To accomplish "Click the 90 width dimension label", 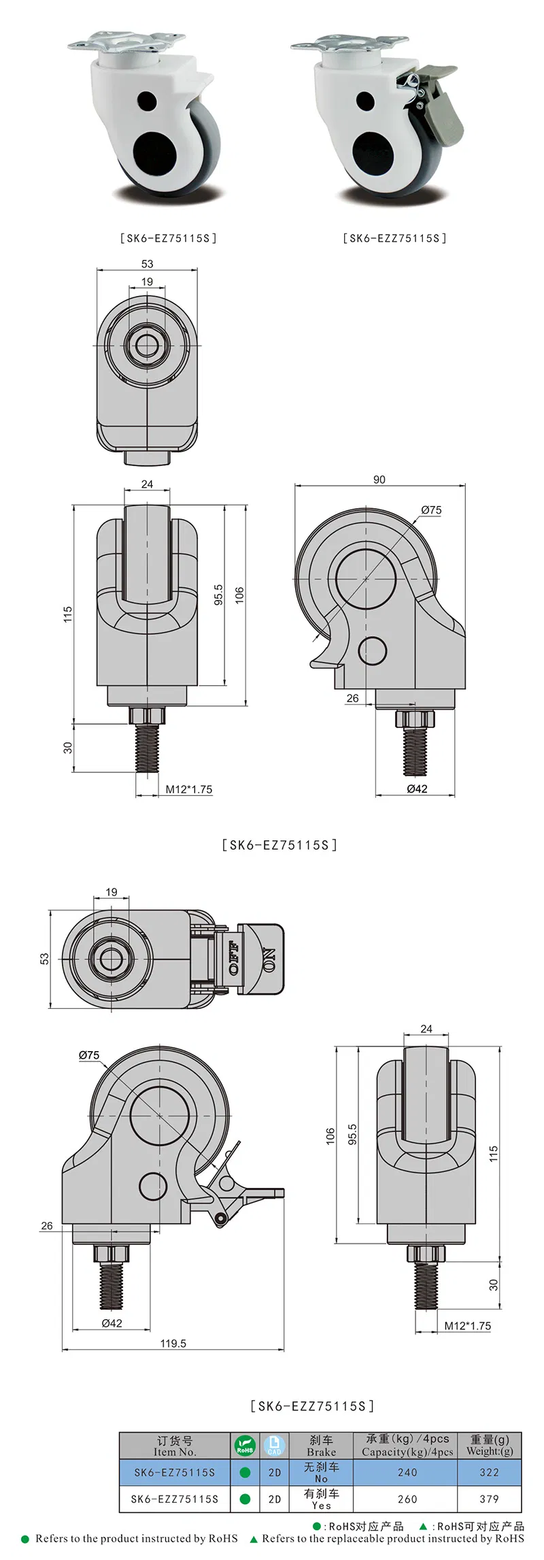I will tap(379, 480).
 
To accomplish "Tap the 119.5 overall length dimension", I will tap(173, 1343).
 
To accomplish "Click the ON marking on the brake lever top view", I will tap(269, 959).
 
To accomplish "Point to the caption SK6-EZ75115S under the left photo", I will tap(168, 238).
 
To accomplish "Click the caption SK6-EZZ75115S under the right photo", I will tap(394, 238).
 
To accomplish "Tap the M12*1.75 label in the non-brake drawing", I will tap(189, 789).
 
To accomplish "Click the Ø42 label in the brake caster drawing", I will tap(112, 1323).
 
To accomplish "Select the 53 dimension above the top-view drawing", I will tap(147, 264).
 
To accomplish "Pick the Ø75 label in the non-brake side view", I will tap(430, 510).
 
